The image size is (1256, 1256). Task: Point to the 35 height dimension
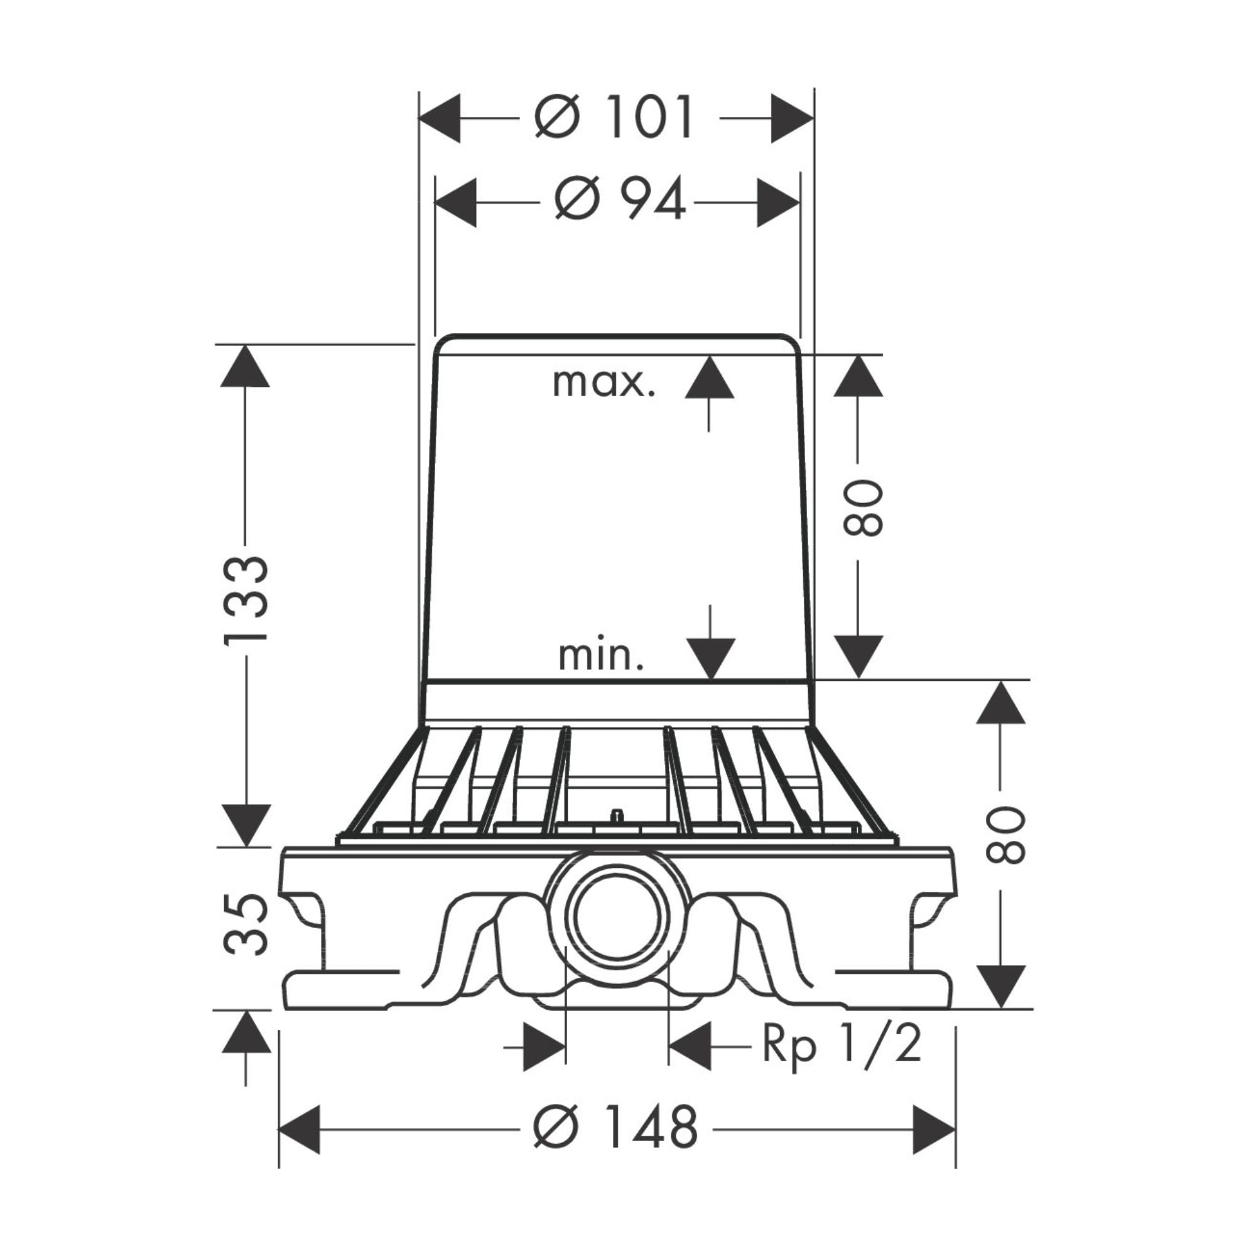[246, 924]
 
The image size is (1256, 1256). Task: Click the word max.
[604, 383]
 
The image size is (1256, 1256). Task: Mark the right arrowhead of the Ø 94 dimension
[777, 202]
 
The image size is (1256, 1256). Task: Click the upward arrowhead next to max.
[709, 377]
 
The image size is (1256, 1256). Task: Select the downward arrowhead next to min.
[710, 659]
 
